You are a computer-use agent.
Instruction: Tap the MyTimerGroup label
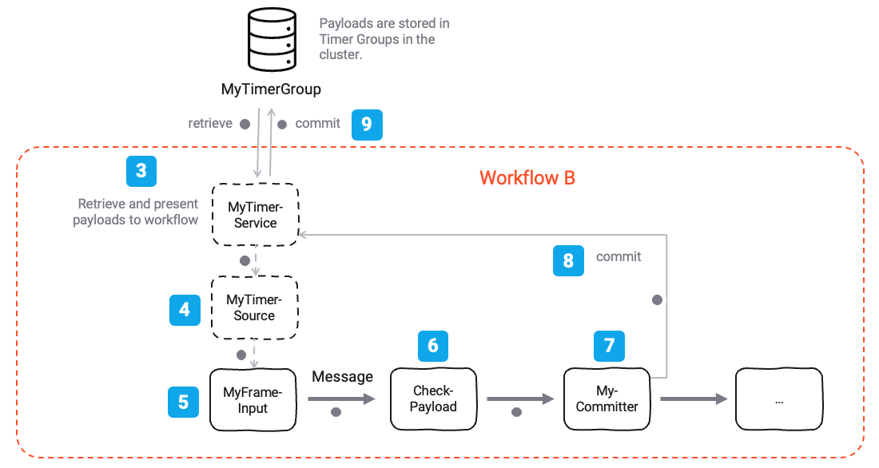[271, 89]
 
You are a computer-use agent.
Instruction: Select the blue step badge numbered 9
[367, 124]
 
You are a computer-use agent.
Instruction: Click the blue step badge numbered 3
[141, 171]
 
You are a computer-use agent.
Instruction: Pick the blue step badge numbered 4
[185, 309]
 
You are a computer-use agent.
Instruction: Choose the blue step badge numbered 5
[183, 402]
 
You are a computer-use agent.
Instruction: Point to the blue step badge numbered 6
[433, 345]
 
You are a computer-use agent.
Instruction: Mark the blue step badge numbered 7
[609, 345]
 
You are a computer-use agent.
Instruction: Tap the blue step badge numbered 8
[568, 261]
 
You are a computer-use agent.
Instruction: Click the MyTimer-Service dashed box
[255, 215]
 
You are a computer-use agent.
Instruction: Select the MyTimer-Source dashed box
[254, 307]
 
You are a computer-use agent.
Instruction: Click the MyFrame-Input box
[253, 400]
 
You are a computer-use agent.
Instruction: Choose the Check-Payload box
[434, 399]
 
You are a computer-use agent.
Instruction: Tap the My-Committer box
[607, 399]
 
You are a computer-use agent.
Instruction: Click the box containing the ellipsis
[778, 399]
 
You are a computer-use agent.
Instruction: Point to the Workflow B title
[527, 177]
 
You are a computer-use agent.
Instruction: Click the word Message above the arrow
[342, 377]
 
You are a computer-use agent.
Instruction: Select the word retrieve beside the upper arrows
[210, 123]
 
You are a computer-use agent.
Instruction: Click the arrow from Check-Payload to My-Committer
[520, 398]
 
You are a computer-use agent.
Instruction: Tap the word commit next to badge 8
[618, 256]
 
